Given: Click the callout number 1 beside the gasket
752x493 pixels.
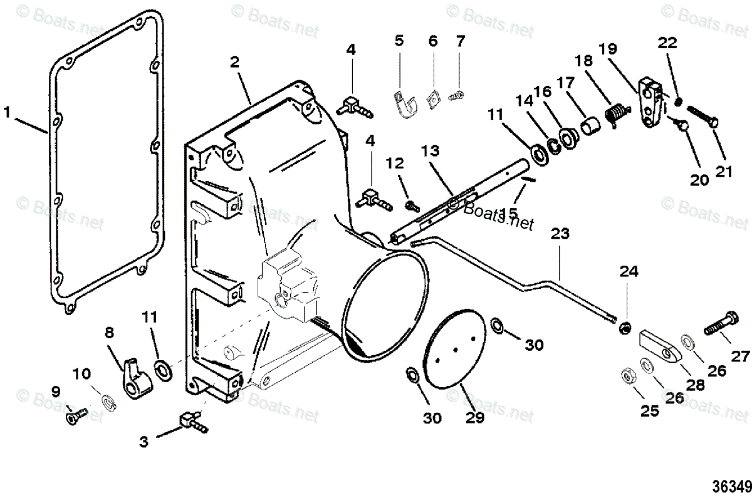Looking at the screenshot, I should (x=8, y=113).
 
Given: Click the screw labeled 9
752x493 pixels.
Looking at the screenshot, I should (x=75, y=415).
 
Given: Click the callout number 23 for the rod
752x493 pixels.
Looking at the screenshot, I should (x=561, y=234).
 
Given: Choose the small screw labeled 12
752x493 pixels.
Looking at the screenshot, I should (x=412, y=204).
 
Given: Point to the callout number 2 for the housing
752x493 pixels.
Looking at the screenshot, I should (x=234, y=61).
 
